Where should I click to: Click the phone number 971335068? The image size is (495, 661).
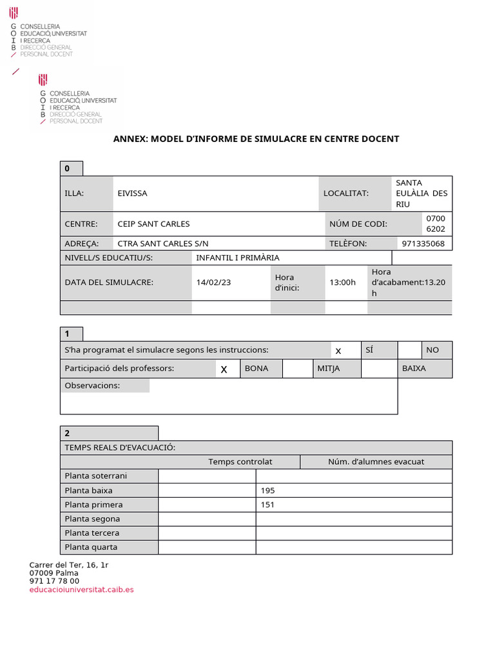(423, 243)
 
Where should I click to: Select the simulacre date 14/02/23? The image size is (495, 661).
(213, 282)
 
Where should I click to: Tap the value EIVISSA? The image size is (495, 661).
(132, 193)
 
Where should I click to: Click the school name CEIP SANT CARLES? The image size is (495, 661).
(153, 224)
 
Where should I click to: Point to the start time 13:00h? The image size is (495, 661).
(342, 282)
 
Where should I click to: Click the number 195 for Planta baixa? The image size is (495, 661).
(267, 490)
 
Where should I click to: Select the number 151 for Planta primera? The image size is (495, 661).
(267, 504)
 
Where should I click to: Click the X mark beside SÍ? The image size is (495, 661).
(338, 351)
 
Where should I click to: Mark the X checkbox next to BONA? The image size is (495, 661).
(224, 369)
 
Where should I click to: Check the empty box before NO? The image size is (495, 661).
(409, 350)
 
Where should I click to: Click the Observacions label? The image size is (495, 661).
(92, 385)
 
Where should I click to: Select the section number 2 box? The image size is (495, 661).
(68, 433)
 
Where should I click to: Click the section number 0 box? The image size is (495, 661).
(68, 168)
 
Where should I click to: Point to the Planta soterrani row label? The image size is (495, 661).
(96, 476)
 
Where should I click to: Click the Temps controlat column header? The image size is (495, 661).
(240, 462)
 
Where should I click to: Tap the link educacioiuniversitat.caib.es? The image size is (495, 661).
(81, 589)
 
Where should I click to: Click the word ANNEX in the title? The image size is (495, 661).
(130, 139)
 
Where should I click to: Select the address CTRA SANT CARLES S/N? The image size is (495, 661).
(163, 243)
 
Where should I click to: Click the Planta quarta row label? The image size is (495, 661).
(91, 547)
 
